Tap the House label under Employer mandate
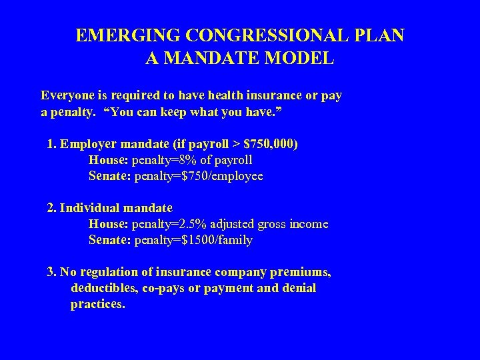(109, 161)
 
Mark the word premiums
(303, 272)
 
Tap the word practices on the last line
(97, 305)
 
